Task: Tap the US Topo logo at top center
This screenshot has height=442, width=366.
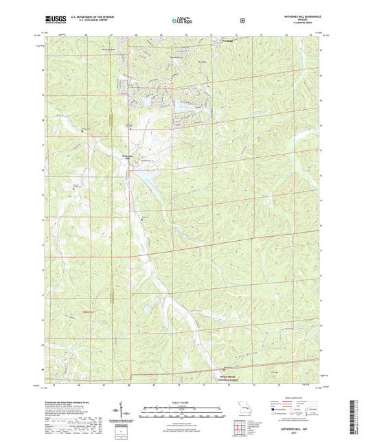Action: [183, 21]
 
